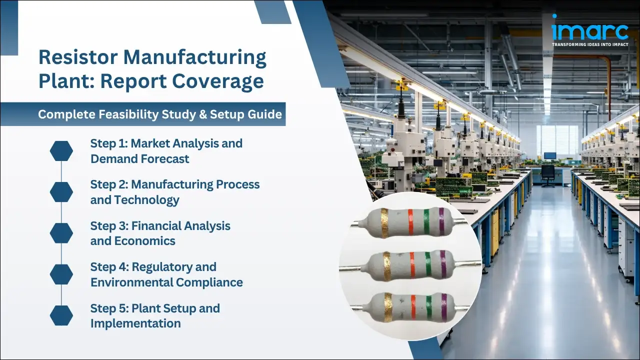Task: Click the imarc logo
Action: (590, 31)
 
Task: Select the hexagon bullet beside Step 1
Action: (61, 151)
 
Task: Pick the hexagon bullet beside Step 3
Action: (61, 233)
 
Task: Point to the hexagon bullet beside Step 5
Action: (61, 315)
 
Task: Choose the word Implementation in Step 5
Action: (135, 323)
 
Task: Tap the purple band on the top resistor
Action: (441, 222)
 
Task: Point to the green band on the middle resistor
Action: (428, 265)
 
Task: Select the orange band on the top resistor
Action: (410, 222)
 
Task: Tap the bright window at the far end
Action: (557, 139)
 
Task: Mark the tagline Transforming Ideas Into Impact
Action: (590, 44)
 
